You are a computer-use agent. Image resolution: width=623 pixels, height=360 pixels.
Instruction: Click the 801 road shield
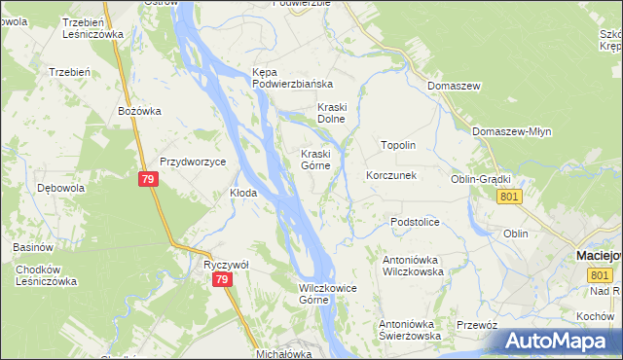coord(509,198)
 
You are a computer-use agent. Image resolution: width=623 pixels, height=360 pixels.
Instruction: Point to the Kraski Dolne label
coord(334,113)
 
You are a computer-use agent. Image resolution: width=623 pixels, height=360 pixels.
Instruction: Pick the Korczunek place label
coord(391,176)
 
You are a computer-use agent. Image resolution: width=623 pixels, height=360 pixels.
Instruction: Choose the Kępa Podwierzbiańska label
coord(293,79)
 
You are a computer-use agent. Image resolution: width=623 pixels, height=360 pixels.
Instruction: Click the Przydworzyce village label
coord(193,162)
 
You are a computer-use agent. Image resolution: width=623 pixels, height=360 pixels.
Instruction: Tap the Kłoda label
coord(242,193)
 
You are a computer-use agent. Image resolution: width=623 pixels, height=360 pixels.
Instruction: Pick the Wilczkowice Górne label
coord(326,294)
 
